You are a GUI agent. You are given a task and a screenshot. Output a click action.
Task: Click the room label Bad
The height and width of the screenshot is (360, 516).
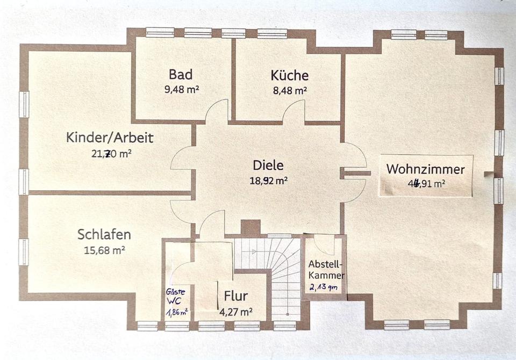(181, 74)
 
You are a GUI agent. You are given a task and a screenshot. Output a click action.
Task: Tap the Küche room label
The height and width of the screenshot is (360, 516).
(290, 75)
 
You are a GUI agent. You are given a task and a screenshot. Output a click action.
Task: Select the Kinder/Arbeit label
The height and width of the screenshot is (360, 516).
(110, 138)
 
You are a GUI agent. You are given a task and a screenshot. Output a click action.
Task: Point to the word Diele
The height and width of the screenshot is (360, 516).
(268, 165)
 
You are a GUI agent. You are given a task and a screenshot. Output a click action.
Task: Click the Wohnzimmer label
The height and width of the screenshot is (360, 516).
(425, 169)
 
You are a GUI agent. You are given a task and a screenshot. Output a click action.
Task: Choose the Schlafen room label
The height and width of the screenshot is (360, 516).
(104, 235)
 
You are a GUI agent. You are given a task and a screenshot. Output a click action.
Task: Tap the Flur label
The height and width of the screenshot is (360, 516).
(236, 296)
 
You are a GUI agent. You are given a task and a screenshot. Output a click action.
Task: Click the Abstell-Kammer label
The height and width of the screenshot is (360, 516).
(326, 270)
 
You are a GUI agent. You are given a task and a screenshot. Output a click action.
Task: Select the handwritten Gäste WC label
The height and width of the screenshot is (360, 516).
(176, 296)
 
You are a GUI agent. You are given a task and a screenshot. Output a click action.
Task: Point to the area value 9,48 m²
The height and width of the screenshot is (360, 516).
(181, 90)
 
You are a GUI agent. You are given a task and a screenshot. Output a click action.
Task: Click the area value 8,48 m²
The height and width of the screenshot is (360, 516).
(290, 91)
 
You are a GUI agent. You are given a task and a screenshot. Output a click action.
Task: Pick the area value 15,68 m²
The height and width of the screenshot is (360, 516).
(104, 250)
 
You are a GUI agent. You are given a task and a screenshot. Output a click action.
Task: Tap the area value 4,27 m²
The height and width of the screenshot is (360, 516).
(236, 311)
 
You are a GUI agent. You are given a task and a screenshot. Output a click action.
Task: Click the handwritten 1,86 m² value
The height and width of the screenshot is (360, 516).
(177, 311)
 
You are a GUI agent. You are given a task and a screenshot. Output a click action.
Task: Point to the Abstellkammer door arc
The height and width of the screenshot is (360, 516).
(324, 246)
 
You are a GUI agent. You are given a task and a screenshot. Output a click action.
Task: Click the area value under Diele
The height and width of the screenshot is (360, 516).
(268, 181)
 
